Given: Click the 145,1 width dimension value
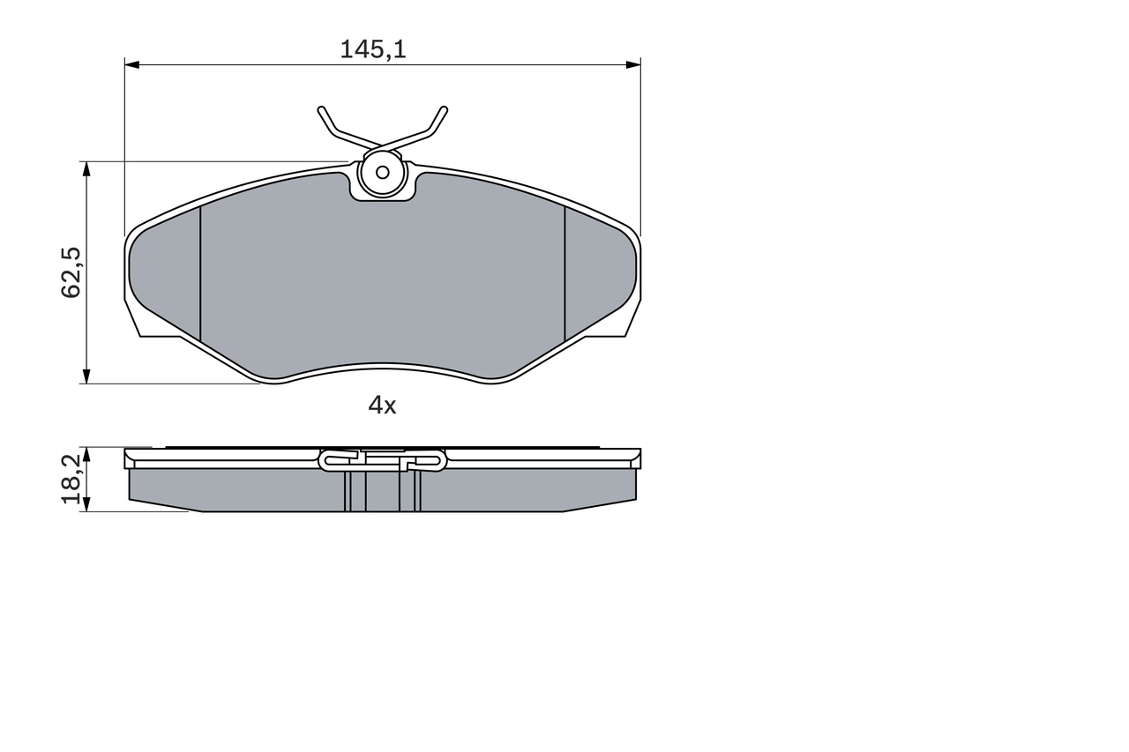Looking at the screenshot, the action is click(x=373, y=49).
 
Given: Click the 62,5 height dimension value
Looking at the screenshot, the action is click(x=71, y=272).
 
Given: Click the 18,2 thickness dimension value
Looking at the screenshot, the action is click(x=71, y=479).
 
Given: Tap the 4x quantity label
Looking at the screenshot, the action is click(x=382, y=405).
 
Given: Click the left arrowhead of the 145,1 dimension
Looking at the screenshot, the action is click(x=131, y=64).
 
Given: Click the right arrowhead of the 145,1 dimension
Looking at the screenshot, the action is click(x=633, y=64).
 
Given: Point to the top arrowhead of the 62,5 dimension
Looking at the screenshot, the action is click(x=86, y=169).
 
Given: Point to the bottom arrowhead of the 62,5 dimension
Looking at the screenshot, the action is click(x=86, y=376).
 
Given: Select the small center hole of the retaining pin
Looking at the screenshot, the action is click(x=383, y=173).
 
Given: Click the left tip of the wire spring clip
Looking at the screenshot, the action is click(x=321, y=109).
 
